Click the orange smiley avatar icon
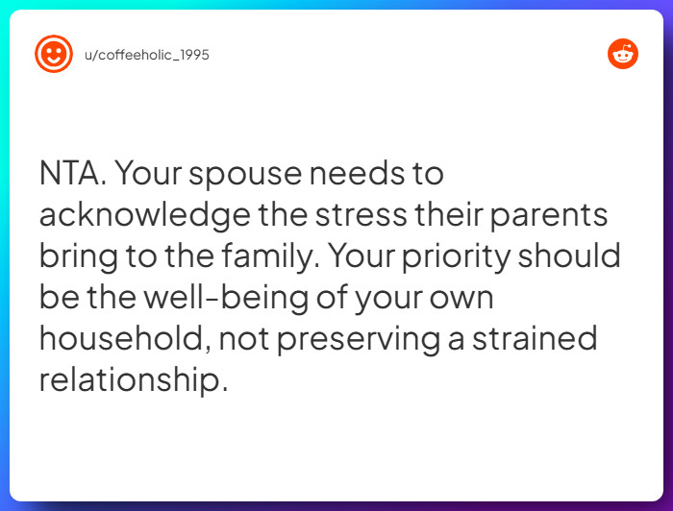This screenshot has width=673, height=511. coord(53,54)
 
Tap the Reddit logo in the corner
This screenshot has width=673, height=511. coord(623,54)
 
